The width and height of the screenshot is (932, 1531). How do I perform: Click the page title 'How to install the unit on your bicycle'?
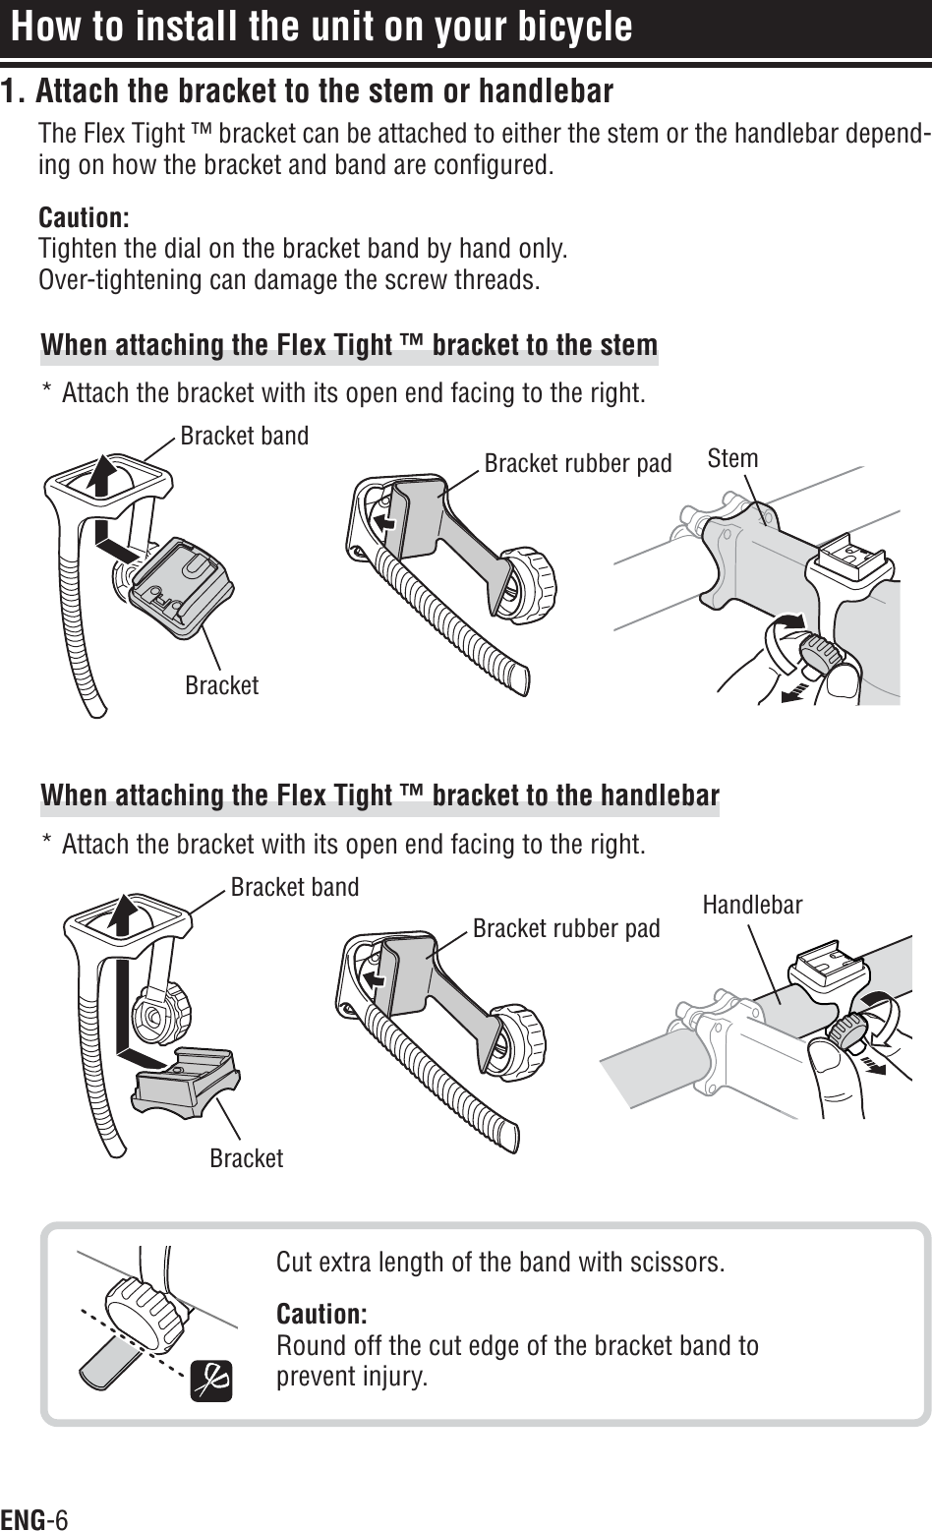(x=321, y=27)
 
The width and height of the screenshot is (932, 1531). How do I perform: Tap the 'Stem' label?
(x=732, y=458)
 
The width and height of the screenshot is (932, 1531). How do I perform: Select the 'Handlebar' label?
(x=752, y=905)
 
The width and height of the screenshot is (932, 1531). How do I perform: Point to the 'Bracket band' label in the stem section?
(x=244, y=435)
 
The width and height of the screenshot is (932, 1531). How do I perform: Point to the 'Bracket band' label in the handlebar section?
(x=295, y=887)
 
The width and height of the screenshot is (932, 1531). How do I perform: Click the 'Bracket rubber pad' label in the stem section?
(x=578, y=463)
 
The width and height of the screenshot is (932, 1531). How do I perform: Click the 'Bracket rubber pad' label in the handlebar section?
(x=566, y=928)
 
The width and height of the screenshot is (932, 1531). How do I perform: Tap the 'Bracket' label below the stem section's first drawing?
(x=222, y=685)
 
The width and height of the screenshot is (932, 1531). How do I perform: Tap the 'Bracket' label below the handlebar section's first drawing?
(x=247, y=1158)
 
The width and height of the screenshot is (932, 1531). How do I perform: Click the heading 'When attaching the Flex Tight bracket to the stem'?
(x=349, y=346)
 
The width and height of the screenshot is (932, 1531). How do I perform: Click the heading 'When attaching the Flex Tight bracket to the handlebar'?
(x=379, y=795)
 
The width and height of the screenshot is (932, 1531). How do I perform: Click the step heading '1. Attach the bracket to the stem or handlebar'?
(x=307, y=92)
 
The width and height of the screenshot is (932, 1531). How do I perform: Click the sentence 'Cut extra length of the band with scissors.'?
(x=501, y=1262)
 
